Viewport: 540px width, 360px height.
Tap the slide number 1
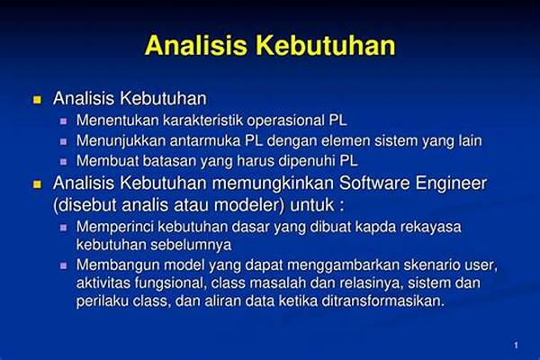pos(516,346)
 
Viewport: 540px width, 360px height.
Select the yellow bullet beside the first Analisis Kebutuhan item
pos(37,100)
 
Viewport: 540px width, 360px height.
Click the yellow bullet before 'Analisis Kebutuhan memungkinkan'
pos(37,184)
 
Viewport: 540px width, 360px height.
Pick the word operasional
pos(285,121)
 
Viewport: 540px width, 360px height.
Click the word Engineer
pos(451,184)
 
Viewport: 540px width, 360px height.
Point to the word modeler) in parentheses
pos(249,205)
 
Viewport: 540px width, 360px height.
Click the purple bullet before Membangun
pos(63,265)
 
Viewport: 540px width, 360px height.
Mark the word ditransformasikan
pos(383,301)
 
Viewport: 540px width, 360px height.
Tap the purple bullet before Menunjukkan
pos(63,141)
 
